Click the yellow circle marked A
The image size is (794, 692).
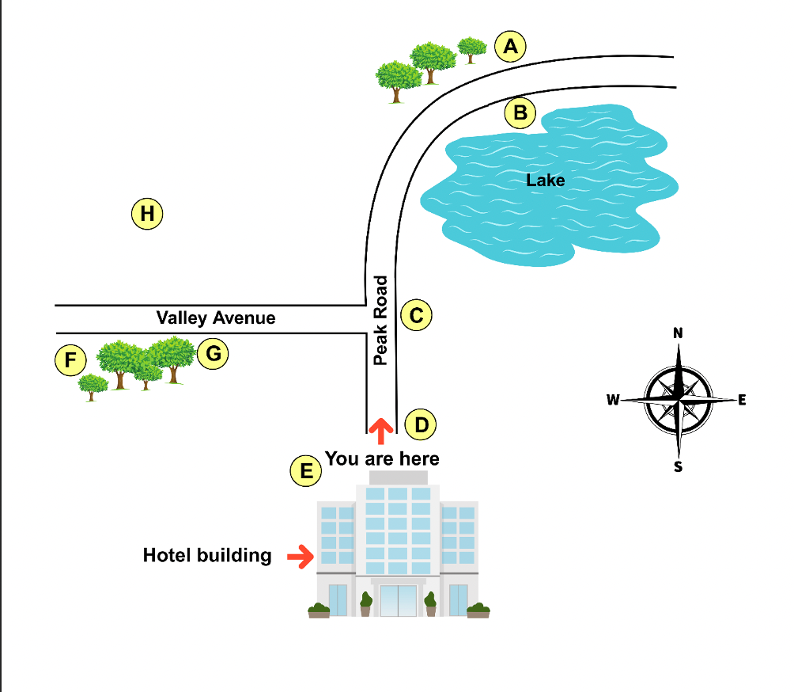(511, 47)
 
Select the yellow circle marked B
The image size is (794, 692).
(520, 114)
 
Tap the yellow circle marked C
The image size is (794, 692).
(417, 316)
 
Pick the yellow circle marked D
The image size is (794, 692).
(421, 425)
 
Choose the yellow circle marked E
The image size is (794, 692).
(305, 472)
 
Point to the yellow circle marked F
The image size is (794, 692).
(70, 362)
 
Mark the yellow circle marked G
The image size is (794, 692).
(212, 353)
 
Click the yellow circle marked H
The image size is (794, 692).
(146, 214)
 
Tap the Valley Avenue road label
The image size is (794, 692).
(216, 318)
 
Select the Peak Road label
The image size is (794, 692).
(380, 320)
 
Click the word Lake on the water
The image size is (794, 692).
(546, 181)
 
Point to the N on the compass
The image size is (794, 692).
(678, 333)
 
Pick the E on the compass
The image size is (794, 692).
(742, 400)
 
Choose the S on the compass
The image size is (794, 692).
(678, 466)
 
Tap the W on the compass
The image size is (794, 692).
(613, 400)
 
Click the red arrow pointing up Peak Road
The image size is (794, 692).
(381, 431)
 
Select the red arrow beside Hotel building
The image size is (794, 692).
(299, 557)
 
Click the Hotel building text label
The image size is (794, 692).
(207, 555)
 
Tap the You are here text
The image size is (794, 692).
(382, 458)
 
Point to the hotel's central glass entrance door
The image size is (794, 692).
(398, 600)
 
